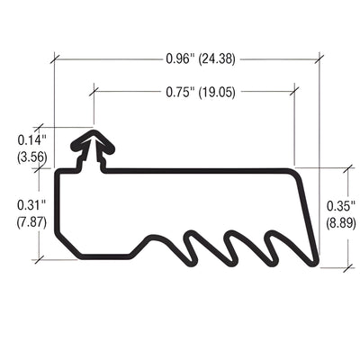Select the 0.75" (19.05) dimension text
tap(194, 91)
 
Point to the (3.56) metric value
tap(30, 157)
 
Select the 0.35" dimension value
tap(339, 204)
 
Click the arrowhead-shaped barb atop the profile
tap(93, 141)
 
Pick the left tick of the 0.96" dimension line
tap(54, 60)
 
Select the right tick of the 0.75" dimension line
tap(294, 91)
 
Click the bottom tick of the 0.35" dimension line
tap(347, 267)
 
